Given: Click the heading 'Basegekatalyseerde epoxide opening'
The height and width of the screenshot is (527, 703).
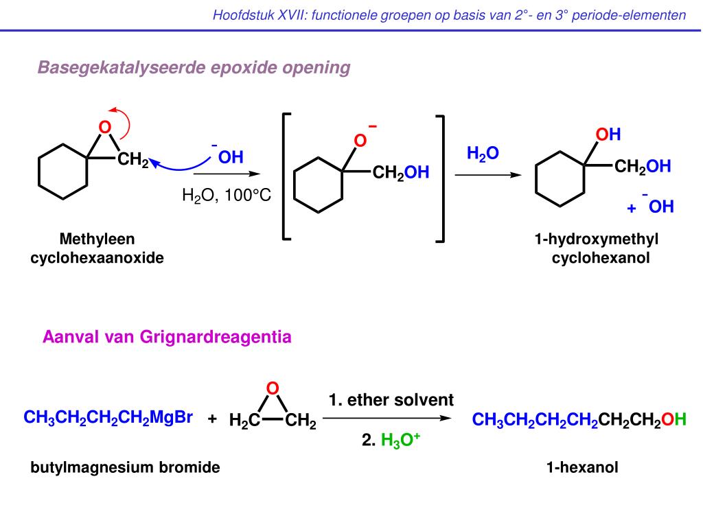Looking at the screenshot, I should point(194,68).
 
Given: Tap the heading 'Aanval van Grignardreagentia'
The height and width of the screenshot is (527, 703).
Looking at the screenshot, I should point(167,337).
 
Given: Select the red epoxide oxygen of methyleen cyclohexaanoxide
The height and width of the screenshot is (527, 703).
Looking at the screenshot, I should point(104,127).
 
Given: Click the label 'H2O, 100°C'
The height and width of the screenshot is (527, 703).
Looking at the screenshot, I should point(227,196).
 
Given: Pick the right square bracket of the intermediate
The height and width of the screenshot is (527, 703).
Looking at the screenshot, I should point(440,177).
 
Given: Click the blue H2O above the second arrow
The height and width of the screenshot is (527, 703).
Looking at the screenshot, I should point(483,153).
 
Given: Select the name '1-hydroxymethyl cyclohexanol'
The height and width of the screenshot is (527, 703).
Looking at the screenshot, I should point(597,248).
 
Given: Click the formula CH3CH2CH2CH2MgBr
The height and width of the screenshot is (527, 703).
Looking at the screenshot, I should point(108,417).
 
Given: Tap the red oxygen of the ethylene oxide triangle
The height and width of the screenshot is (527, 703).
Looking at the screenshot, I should point(273,388).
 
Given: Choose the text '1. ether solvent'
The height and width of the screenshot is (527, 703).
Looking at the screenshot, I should point(391,399).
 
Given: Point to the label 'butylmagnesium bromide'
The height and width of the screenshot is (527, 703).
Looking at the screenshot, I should point(125,468).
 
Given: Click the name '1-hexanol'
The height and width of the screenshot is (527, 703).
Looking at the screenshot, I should point(582,468).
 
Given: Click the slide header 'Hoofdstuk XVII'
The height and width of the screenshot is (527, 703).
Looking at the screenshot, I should point(449,14).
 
